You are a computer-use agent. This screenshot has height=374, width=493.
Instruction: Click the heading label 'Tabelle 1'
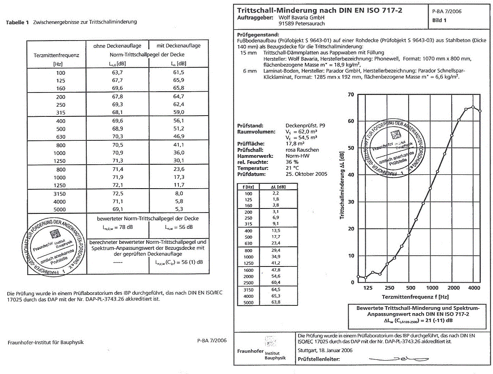coord(17,22)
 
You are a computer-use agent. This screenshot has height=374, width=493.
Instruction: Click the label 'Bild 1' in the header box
coord(439,20)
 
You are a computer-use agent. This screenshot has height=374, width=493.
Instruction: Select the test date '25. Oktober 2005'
coord(306,174)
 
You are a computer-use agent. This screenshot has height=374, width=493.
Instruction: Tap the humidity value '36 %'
coord(292,162)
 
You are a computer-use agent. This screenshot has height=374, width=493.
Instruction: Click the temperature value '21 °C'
coord(293,168)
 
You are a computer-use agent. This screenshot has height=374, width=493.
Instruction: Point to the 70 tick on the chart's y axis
coord(351,95)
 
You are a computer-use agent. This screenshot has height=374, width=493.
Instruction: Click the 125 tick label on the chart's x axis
coord(368,288)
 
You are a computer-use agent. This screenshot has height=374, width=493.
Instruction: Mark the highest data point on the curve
coord(473,107)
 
